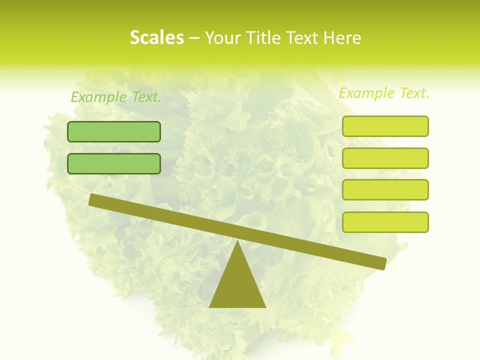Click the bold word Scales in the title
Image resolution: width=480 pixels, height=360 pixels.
[156, 37]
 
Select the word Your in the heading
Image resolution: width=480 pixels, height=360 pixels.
[223, 38]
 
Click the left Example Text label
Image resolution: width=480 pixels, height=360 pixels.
[116, 97]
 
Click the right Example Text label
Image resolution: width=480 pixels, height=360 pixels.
[384, 93]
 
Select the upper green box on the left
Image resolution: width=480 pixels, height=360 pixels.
[114, 131]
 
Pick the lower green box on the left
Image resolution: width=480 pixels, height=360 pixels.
[114, 163]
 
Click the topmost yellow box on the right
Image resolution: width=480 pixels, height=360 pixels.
[385, 126]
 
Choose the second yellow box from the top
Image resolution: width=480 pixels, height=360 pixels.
[385, 158]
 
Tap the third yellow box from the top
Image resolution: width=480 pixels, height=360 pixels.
[385, 189]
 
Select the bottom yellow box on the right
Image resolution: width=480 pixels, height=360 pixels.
[385, 222]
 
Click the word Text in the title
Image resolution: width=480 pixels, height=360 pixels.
[304, 38]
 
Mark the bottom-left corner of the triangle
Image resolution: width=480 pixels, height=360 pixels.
[210, 306]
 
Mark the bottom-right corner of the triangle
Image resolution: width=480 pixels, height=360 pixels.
[265, 306]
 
